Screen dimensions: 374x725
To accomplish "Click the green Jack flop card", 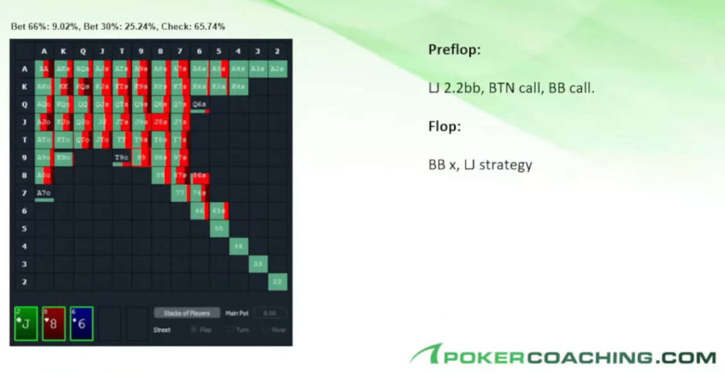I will coord(26,324).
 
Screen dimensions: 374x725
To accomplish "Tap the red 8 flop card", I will coord(54,324).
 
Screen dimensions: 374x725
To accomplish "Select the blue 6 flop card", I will coord(81,324).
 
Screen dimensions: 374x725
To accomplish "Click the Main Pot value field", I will coord(270,312).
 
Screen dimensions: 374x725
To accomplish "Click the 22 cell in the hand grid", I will coord(278,281).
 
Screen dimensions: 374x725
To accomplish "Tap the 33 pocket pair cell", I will coord(258,262).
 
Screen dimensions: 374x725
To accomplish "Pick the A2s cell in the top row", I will coord(278,69).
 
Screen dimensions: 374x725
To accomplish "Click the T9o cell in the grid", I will coord(122,157).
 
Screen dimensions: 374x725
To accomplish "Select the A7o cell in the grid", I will coord(45,192).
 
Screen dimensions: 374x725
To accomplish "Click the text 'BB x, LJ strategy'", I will coord(479,165).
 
